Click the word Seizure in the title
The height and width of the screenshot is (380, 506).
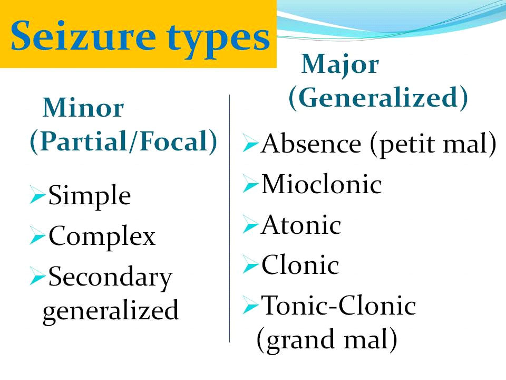click(83, 35)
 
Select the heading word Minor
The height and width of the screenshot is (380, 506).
click(83, 108)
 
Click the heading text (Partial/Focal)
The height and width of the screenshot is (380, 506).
click(123, 142)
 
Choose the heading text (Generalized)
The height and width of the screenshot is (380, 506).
click(378, 98)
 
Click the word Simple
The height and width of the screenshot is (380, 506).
click(90, 196)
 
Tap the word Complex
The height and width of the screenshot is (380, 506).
click(102, 236)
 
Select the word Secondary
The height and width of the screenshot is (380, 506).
click(110, 278)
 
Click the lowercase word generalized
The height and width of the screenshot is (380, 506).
click(110, 310)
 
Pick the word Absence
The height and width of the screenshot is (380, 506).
click(311, 144)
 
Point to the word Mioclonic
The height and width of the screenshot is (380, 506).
click(322, 184)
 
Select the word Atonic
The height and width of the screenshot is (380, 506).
click(301, 225)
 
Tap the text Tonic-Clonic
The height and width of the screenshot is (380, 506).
click(338, 306)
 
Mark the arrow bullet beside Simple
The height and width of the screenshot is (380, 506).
click(37, 195)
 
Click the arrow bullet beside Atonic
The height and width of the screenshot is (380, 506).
click(250, 224)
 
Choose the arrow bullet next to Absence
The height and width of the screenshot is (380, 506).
click(250, 142)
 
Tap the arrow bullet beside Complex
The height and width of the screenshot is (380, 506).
click(37, 235)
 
